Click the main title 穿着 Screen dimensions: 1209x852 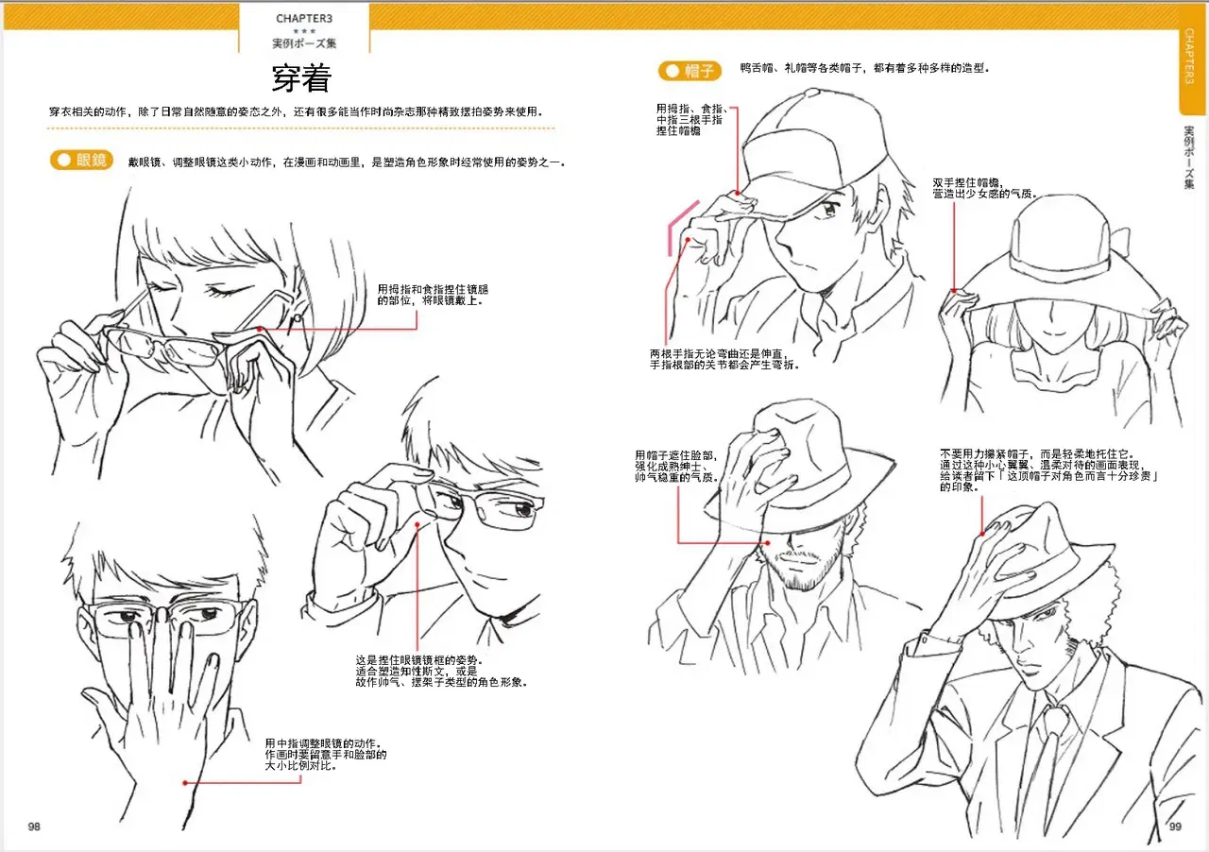click(x=301, y=77)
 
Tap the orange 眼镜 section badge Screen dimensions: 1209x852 click(x=81, y=160)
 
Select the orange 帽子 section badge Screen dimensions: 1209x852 click(x=690, y=71)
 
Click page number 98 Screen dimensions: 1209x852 click(x=34, y=826)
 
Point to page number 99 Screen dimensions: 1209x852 click(x=1175, y=826)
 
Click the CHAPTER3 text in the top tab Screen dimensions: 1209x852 click(x=304, y=18)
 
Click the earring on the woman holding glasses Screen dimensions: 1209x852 click(x=297, y=318)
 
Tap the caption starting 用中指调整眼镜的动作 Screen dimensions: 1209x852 click(x=326, y=755)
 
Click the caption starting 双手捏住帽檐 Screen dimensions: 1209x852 click(x=984, y=188)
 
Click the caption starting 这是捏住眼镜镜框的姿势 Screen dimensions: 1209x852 click(x=440, y=672)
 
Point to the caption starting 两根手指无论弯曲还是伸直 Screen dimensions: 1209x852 click(x=724, y=359)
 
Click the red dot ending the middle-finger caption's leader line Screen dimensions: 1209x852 click(x=185, y=782)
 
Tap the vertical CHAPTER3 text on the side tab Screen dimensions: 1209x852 click(x=1189, y=56)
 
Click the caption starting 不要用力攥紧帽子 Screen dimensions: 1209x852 click(x=1048, y=470)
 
